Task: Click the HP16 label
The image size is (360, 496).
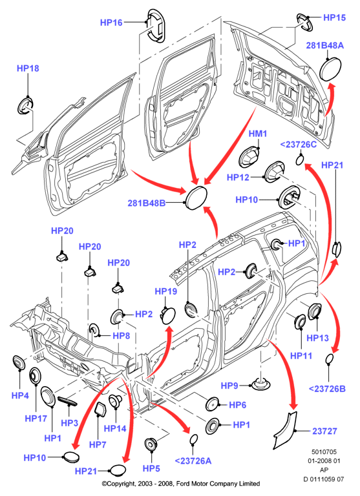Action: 111,23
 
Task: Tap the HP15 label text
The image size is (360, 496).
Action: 334,17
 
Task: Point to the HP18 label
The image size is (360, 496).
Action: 28,68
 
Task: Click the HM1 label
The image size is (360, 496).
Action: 258,134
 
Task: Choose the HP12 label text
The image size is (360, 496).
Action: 238,177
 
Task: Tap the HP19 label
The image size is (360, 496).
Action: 166,291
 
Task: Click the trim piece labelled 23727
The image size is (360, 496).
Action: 286,430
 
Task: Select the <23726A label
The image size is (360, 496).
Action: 193,461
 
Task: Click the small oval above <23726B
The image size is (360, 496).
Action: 330,358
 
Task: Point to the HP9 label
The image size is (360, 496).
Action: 229,386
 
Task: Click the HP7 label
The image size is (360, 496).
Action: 98,444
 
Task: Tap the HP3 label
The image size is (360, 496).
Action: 69,422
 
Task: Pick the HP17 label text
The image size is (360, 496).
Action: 36,418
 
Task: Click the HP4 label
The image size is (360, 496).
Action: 20,395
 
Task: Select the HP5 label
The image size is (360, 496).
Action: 151,468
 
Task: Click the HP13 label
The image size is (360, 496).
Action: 317,338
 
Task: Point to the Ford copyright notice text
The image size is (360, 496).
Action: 181,484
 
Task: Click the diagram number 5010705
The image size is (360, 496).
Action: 324,451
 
